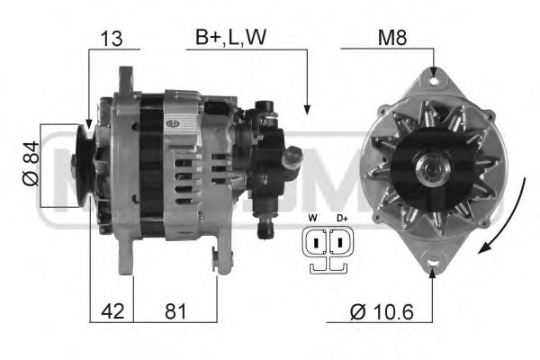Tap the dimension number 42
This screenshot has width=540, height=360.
point(112,312)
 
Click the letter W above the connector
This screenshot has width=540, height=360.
point(312,219)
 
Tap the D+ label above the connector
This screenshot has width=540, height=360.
point(341,219)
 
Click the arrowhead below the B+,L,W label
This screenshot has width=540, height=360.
point(308,110)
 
